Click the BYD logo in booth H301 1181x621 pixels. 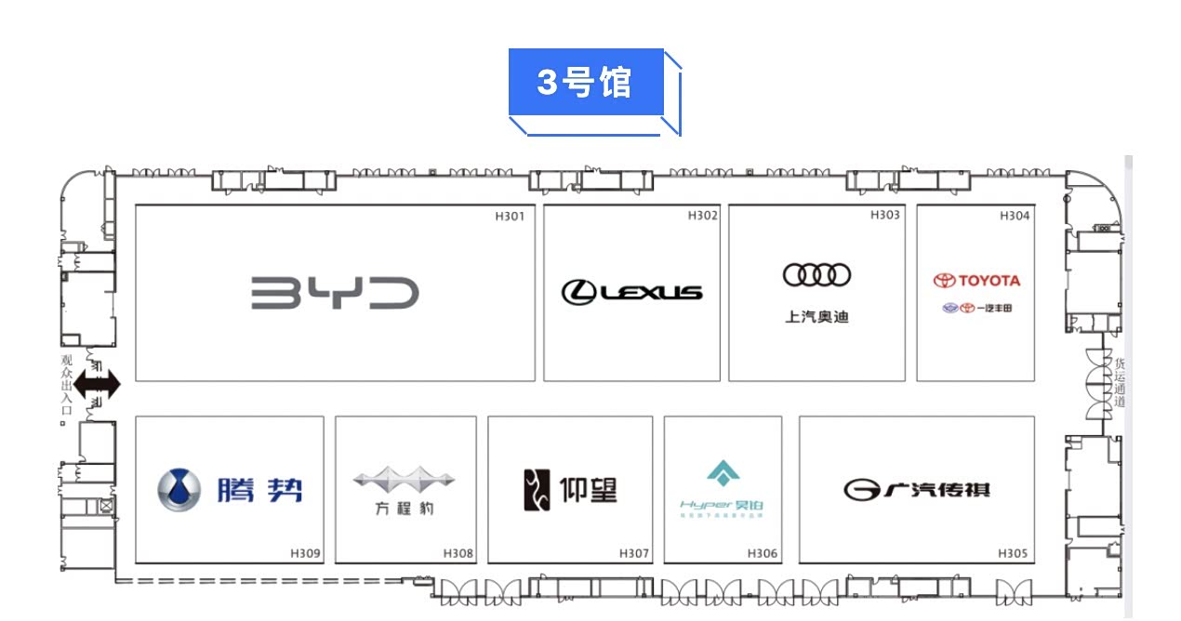(x=335, y=293)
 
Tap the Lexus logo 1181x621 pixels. (x=631, y=292)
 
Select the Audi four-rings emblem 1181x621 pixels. (x=816, y=275)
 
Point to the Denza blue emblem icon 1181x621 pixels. (x=179, y=490)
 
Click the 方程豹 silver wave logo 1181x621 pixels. (x=404, y=481)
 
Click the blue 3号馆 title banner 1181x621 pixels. (x=586, y=83)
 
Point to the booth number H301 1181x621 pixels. (x=510, y=217)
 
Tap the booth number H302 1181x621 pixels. (x=703, y=216)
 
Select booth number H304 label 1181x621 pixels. (x=1015, y=216)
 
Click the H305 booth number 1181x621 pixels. (x=1013, y=554)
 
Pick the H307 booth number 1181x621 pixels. (x=634, y=554)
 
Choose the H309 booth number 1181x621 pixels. (x=306, y=554)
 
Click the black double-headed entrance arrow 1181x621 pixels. (x=98, y=384)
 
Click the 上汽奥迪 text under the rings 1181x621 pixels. (x=816, y=317)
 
